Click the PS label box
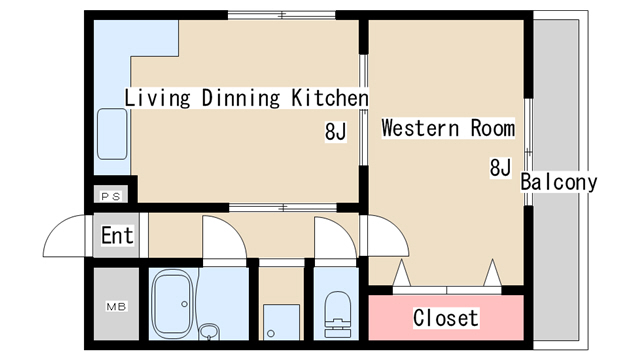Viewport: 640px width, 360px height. [x=111, y=196]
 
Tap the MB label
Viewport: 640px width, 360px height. [x=116, y=306]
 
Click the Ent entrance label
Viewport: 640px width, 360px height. [x=117, y=236]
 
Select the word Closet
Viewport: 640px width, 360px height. [x=446, y=318]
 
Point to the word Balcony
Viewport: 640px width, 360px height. [x=559, y=182]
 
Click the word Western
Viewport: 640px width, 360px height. [x=420, y=128]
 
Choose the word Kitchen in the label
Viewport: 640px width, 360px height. [x=330, y=98]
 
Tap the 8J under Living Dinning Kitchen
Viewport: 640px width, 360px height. [x=336, y=131]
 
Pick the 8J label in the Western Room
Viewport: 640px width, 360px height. [x=500, y=167]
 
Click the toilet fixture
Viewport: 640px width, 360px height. [x=338, y=314]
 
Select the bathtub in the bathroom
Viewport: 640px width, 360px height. [x=172, y=304]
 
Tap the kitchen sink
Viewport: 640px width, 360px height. [x=112, y=134]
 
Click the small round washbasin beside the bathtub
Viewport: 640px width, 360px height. [x=209, y=332]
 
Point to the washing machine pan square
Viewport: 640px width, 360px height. [x=281, y=322]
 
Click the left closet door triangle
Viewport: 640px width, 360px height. [x=402, y=273]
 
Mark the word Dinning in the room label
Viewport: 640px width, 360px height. [x=241, y=98]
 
